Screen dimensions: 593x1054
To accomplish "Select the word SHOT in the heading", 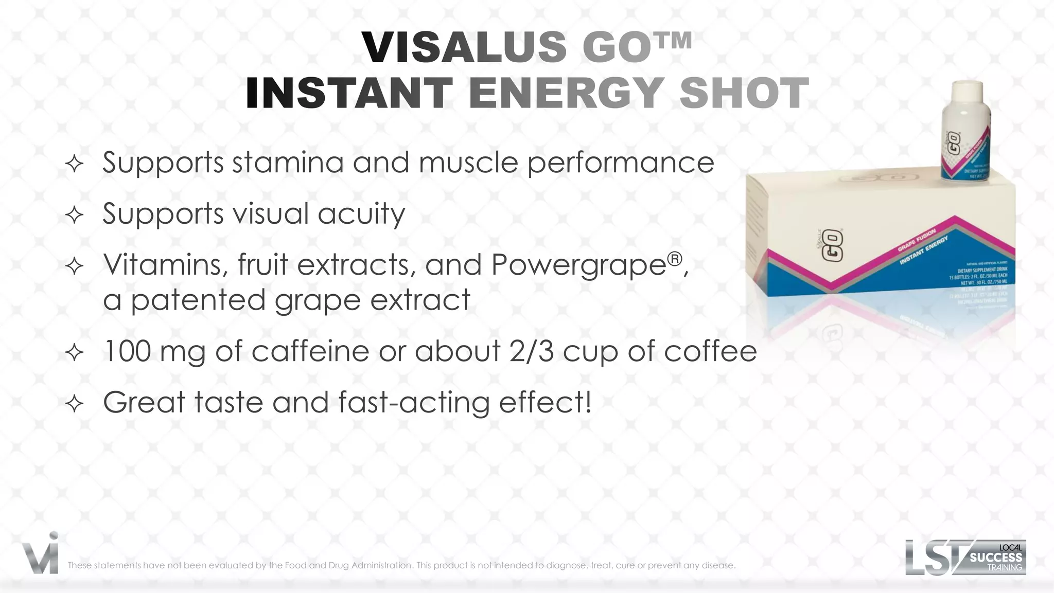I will [744, 93].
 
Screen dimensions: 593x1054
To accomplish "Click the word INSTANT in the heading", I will [349, 93].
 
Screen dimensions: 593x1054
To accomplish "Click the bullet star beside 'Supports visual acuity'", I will [75, 215].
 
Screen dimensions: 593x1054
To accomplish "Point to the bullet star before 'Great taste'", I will [75, 404].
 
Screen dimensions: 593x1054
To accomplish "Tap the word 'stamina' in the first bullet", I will [288, 163].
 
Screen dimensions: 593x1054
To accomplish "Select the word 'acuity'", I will [361, 214].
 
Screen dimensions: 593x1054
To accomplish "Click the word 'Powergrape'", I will [579, 265].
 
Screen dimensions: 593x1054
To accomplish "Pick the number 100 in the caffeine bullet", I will [127, 351].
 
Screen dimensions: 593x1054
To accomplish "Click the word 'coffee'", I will [710, 351].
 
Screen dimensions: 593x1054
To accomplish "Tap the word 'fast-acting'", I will [414, 403].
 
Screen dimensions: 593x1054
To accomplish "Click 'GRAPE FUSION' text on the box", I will [917, 241].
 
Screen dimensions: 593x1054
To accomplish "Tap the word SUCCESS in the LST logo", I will [996, 558].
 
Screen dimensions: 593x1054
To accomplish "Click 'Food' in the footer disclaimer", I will [295, 565].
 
